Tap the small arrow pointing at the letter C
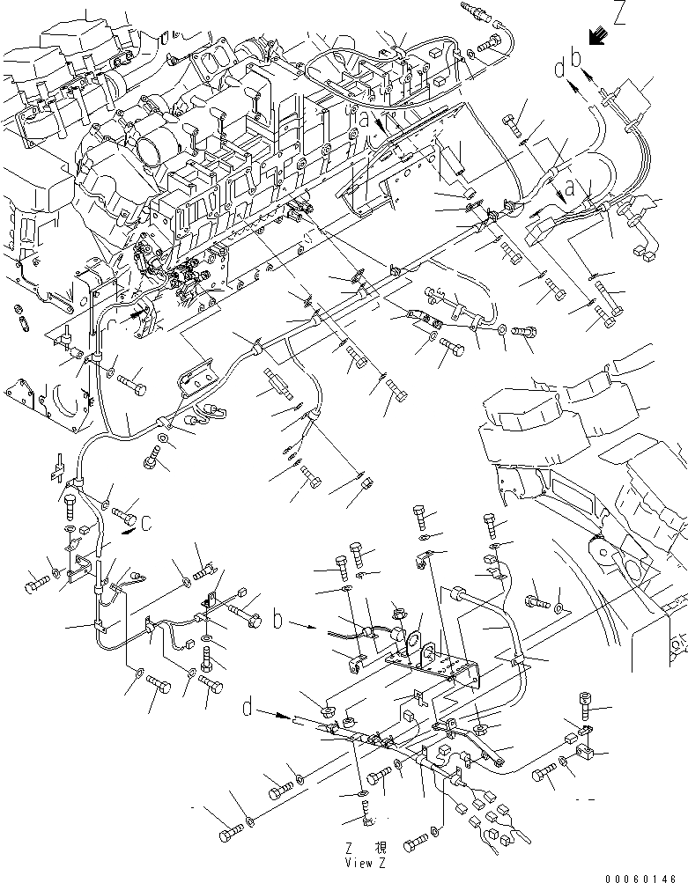[130, 530]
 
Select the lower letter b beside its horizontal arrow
[277, 622]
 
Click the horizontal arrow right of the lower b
[301, 627]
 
